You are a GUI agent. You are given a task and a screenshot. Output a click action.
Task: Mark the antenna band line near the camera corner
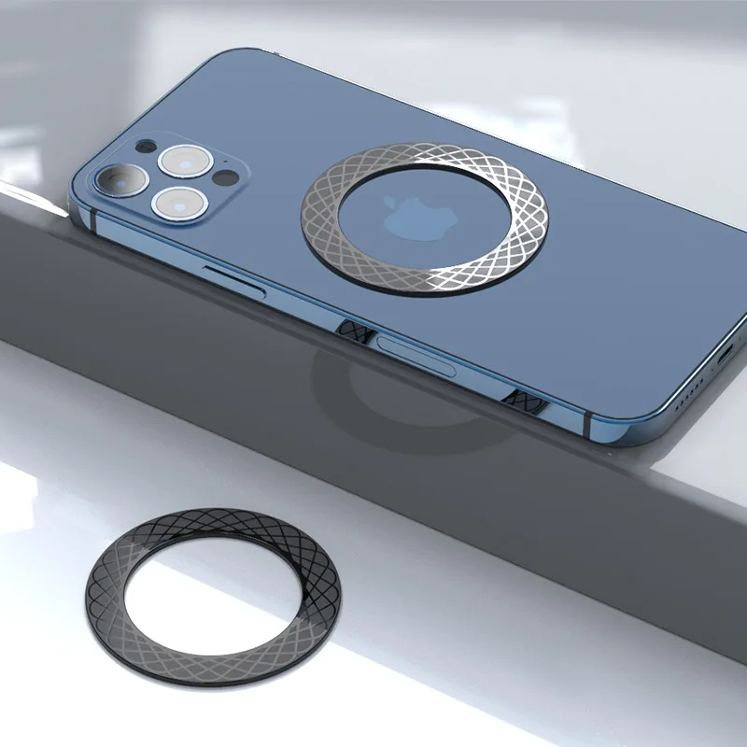click(x=93, y=214)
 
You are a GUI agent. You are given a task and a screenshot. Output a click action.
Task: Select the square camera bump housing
click(x=168, y=178)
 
